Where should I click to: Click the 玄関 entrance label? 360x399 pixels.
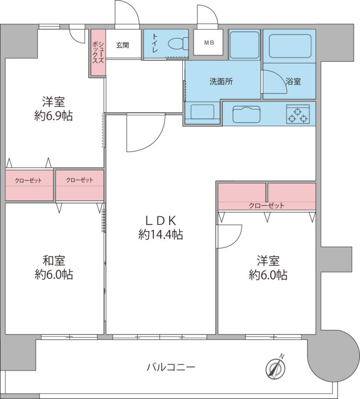click(x=122, y=45)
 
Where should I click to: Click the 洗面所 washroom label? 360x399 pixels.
click(x=221, y=82)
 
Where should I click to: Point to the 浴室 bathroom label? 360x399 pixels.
click(x=293, y=82)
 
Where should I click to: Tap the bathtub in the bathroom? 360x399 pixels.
click(x=289, y=46)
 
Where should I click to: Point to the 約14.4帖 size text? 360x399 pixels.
click(x=161, y=235)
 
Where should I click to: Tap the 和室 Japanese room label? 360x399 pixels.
click(x=54, y=261)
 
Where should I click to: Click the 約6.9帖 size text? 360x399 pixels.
click(x=54, y=115)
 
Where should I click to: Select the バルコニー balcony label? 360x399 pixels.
click(x=171, y=367)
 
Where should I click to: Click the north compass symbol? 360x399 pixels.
click(x=276, y=367)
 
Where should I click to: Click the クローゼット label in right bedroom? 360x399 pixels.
click(x=266, y=205)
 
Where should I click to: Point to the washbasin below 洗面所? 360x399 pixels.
click(x=202, y=112)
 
